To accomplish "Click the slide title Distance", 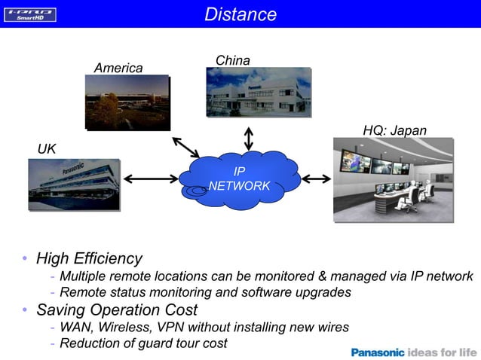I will point(240,14).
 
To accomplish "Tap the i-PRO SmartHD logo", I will point(30,14).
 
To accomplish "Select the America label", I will point(118,68).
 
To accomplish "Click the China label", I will point(232,60).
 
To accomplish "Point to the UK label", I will point(47,148).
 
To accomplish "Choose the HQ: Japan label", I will point(394,131).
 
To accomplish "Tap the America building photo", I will point(127,102).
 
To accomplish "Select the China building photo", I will point(258,92).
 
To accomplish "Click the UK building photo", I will point(73,184).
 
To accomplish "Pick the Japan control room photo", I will point(393,179).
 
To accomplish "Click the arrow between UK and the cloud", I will point(149,178).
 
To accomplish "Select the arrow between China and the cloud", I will point(249,138).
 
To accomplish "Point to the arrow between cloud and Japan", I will point(317,178).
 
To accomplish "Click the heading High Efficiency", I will point(89,258).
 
